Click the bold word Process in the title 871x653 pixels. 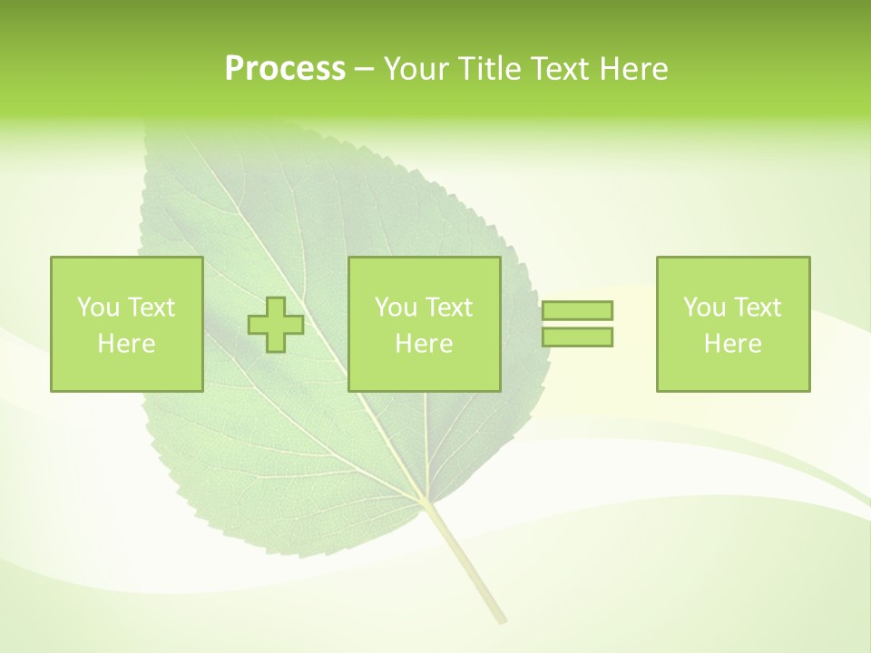coord(285,69)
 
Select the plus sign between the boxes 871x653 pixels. coord(276,325)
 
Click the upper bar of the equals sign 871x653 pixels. coord(577,311)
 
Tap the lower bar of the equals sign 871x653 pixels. coord(577,337)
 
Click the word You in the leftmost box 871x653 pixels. coord(98,307)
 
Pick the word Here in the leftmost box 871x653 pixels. coord(126,344)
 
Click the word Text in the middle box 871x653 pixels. coord(450,307)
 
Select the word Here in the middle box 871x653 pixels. coord(424,344)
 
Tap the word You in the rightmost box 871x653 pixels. coord(704,307)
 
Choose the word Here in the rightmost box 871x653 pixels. coord(732,344)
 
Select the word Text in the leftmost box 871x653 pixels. coord(152,307)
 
